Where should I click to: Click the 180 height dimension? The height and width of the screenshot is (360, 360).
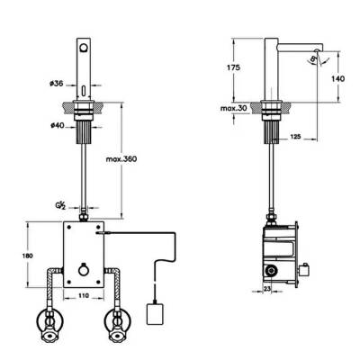pyautogui.click(x=27, y=254)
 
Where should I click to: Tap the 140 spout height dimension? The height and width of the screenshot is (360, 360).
pyautogui.click(x=339, y=79)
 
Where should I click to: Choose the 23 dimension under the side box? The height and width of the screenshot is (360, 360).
pyautogui.click(x=267, y=290)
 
